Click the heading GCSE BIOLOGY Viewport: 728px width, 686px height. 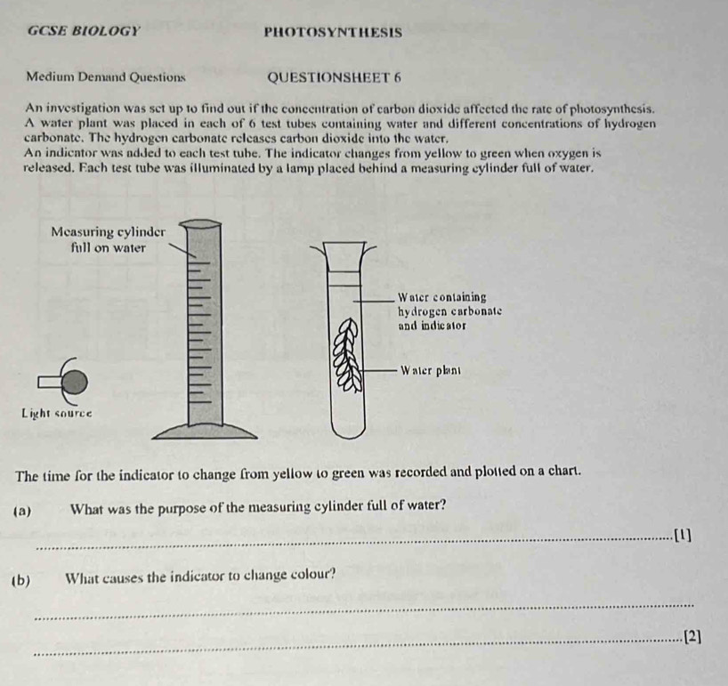point(84,31)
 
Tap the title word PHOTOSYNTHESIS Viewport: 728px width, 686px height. point(333,33)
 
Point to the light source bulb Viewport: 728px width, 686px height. point(76,381)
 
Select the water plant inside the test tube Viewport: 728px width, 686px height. point(348,356)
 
